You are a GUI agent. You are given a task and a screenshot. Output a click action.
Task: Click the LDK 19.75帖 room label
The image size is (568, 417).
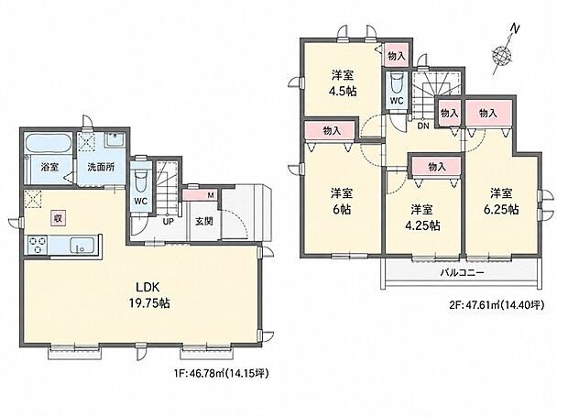pos(149,295)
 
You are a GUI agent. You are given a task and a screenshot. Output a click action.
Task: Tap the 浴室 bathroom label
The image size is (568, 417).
pos(50,167)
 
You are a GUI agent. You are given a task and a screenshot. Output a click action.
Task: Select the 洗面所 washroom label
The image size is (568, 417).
pos(101,167)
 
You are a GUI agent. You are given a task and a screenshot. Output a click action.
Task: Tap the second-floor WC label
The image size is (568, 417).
pos(397,101)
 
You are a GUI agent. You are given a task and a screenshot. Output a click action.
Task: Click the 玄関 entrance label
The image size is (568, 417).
pos(204,221)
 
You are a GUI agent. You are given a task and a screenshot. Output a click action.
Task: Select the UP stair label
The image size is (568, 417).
pos(168,222)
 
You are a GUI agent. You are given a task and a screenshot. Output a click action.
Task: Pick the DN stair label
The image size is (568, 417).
pos(423,126)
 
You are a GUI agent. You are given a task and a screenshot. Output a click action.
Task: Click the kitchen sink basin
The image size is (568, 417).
pos(82,245)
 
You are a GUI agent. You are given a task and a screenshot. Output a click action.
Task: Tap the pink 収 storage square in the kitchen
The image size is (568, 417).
pos(57,218)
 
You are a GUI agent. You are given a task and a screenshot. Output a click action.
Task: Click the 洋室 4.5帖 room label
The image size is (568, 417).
pos(343,83)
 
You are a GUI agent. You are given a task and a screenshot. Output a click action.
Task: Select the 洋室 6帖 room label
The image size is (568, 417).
pos(341,202)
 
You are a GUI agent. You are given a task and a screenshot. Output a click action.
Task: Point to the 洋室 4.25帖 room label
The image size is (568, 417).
pos(422,218)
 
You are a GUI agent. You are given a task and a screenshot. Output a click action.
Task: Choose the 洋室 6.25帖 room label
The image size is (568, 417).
pos(501,202)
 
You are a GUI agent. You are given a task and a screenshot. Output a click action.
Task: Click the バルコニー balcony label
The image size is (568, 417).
pos(463,272)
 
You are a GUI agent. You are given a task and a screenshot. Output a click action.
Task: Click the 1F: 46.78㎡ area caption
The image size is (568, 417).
pos(222,373)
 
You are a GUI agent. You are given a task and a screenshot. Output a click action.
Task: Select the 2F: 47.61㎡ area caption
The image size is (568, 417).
pos(497,305)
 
